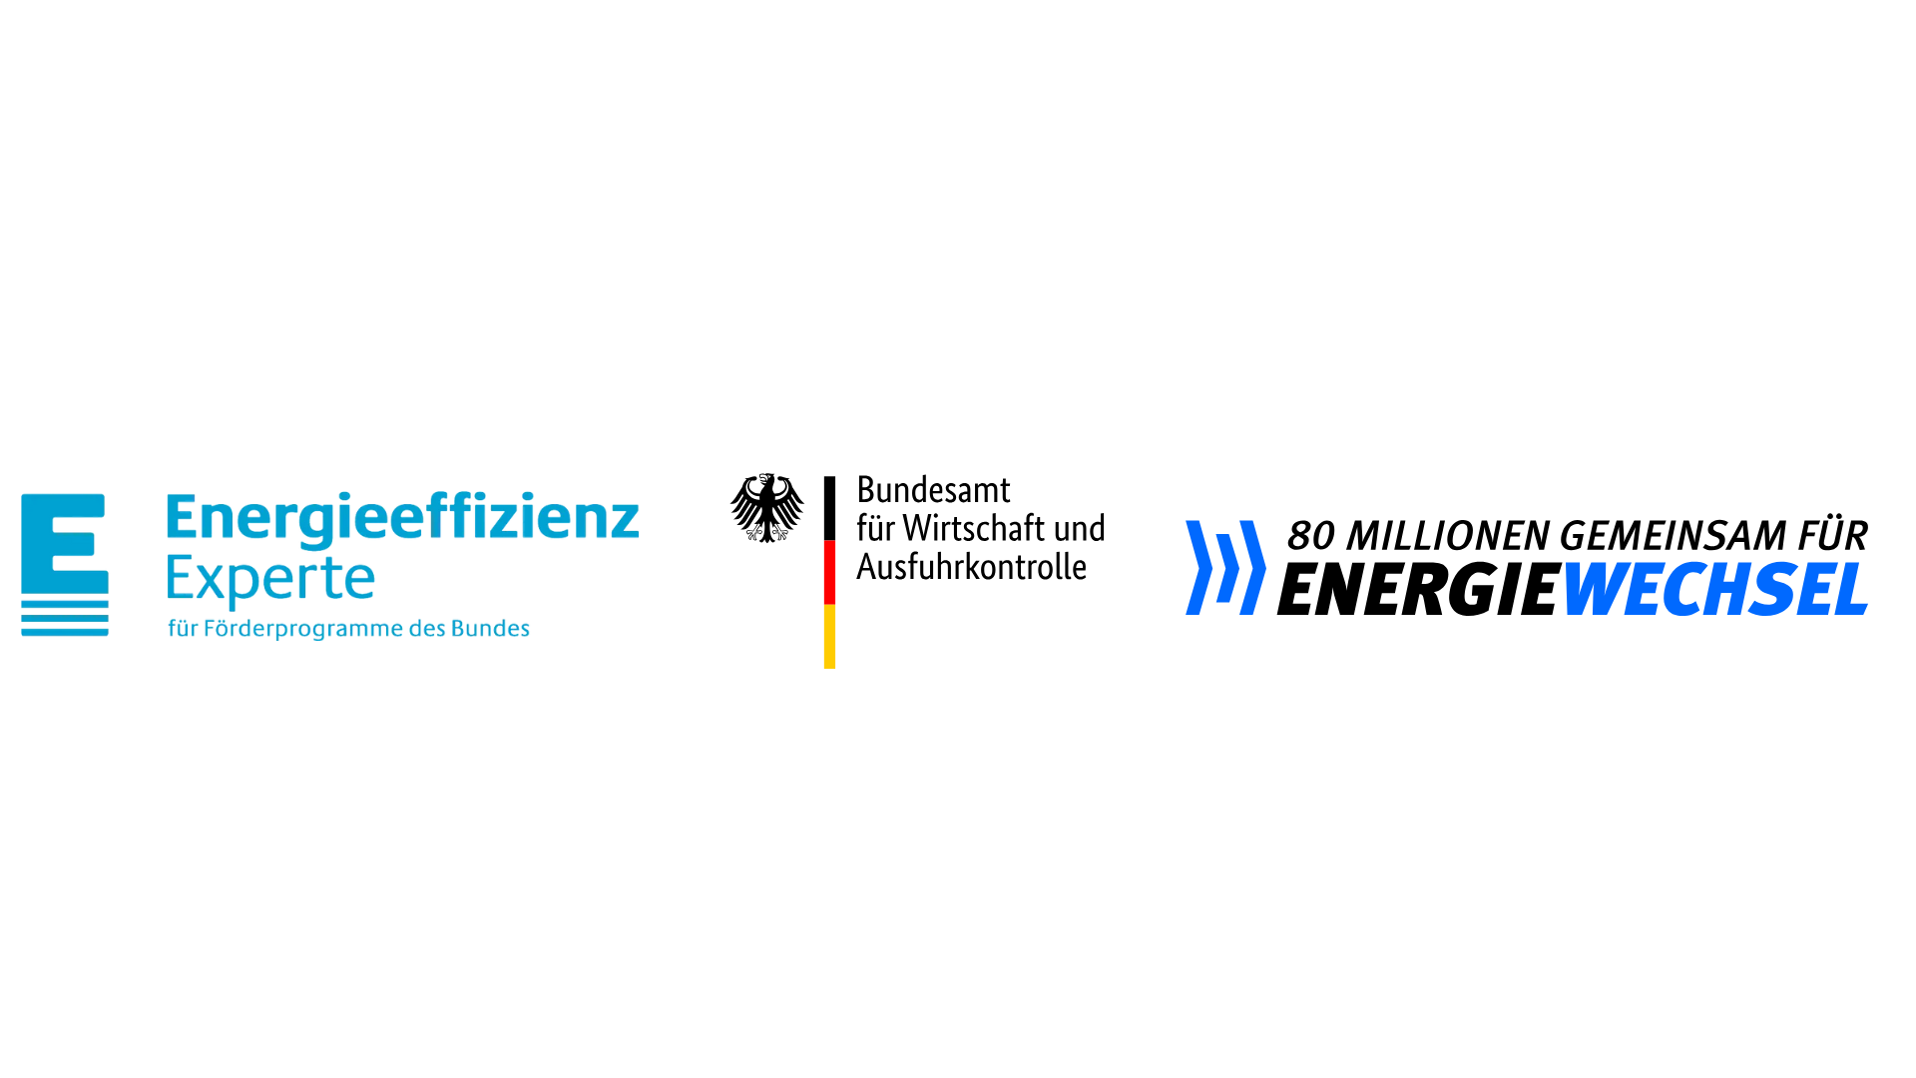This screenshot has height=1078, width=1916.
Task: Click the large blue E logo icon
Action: [x=63, y=564]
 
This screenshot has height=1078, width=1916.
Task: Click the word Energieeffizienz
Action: [x=401, y=519]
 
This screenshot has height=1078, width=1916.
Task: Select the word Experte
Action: [x=270, y=577]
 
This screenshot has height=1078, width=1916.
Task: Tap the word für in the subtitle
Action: [x=184, y=630]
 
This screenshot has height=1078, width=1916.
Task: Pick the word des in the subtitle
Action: [x=428, y=630]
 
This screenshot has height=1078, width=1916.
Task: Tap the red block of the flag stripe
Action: [x=840, y=571]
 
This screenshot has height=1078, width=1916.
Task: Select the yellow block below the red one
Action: [x=839, y=637]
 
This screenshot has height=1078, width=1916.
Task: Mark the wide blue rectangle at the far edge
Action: [x=1740, y=599]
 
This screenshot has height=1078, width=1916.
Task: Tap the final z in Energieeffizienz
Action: [x=626, y=522]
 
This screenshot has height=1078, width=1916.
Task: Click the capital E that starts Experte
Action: [x=181, y=577]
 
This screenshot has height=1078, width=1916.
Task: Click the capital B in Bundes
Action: [x=458, y=629]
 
